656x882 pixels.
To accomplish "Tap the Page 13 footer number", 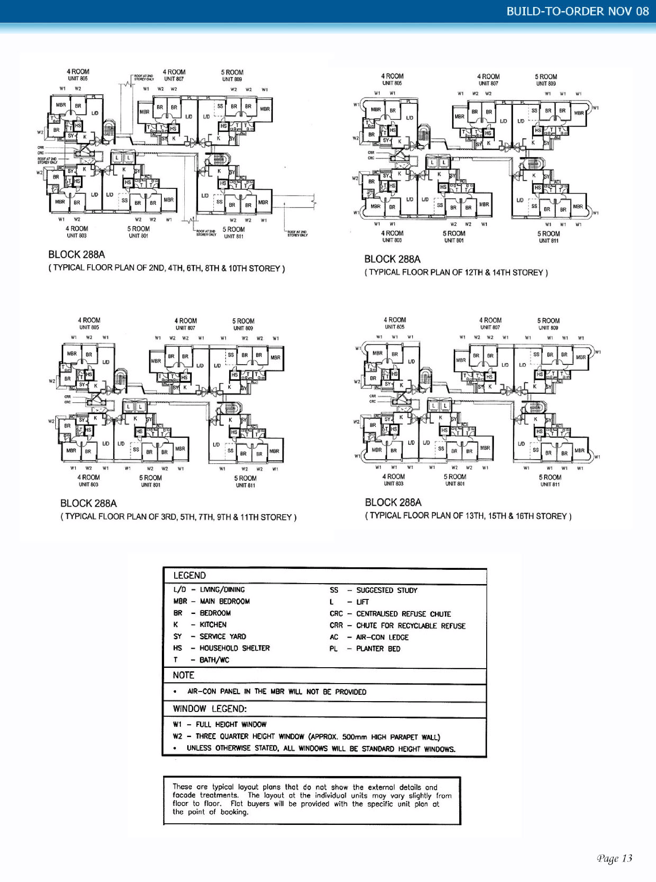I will coord(614,858).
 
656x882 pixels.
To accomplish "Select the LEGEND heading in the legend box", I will coord(189,576).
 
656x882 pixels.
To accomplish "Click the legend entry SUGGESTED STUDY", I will coord(386,590).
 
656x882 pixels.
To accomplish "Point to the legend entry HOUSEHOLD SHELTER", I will coord(234,648).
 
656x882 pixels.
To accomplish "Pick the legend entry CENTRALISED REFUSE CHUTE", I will coord(403,614).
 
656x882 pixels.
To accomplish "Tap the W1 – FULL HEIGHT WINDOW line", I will coord(220,724).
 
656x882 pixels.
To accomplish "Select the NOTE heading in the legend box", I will coord(183,675).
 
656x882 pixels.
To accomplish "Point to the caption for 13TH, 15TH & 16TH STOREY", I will coord(468,516).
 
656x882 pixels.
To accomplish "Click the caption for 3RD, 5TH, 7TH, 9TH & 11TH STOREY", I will coord(178,517).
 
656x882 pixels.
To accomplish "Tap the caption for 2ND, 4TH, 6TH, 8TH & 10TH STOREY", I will coord(166,268).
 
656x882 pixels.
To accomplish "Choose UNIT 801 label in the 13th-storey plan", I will coord(455,484).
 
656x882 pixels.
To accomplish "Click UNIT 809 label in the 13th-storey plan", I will coord(549,328).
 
